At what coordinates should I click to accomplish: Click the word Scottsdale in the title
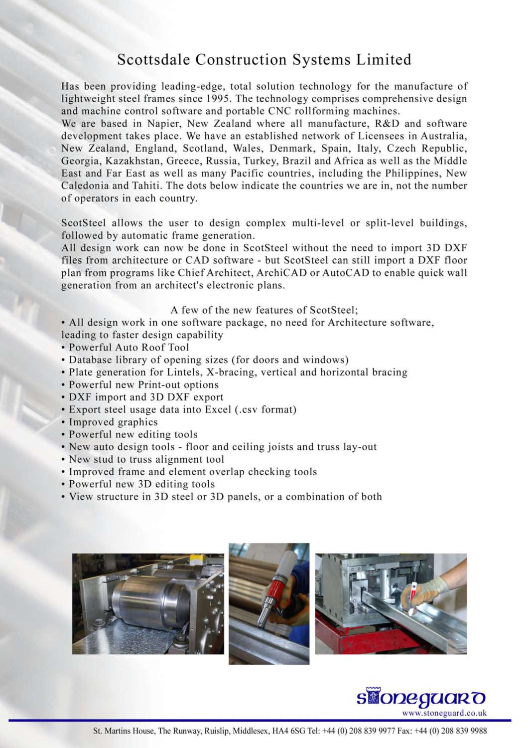point(154,60)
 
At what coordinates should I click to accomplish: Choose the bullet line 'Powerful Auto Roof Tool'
point(129,348)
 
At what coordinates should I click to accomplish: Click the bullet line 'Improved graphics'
point(113,422)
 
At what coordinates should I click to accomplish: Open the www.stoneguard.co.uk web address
point(444,713)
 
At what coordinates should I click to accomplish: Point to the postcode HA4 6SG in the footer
point(291,731)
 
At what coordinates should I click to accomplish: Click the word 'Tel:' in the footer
point(314,731)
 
